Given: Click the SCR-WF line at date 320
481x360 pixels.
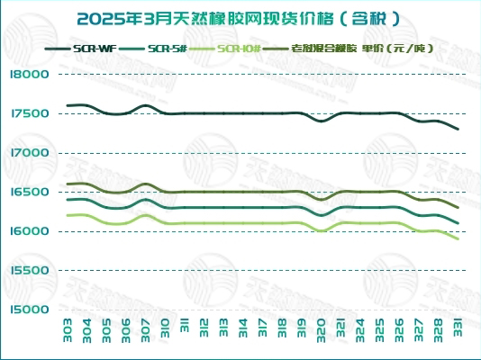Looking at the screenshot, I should [x=322, y=121].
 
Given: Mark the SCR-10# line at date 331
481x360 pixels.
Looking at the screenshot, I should [x=458, y=238].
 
